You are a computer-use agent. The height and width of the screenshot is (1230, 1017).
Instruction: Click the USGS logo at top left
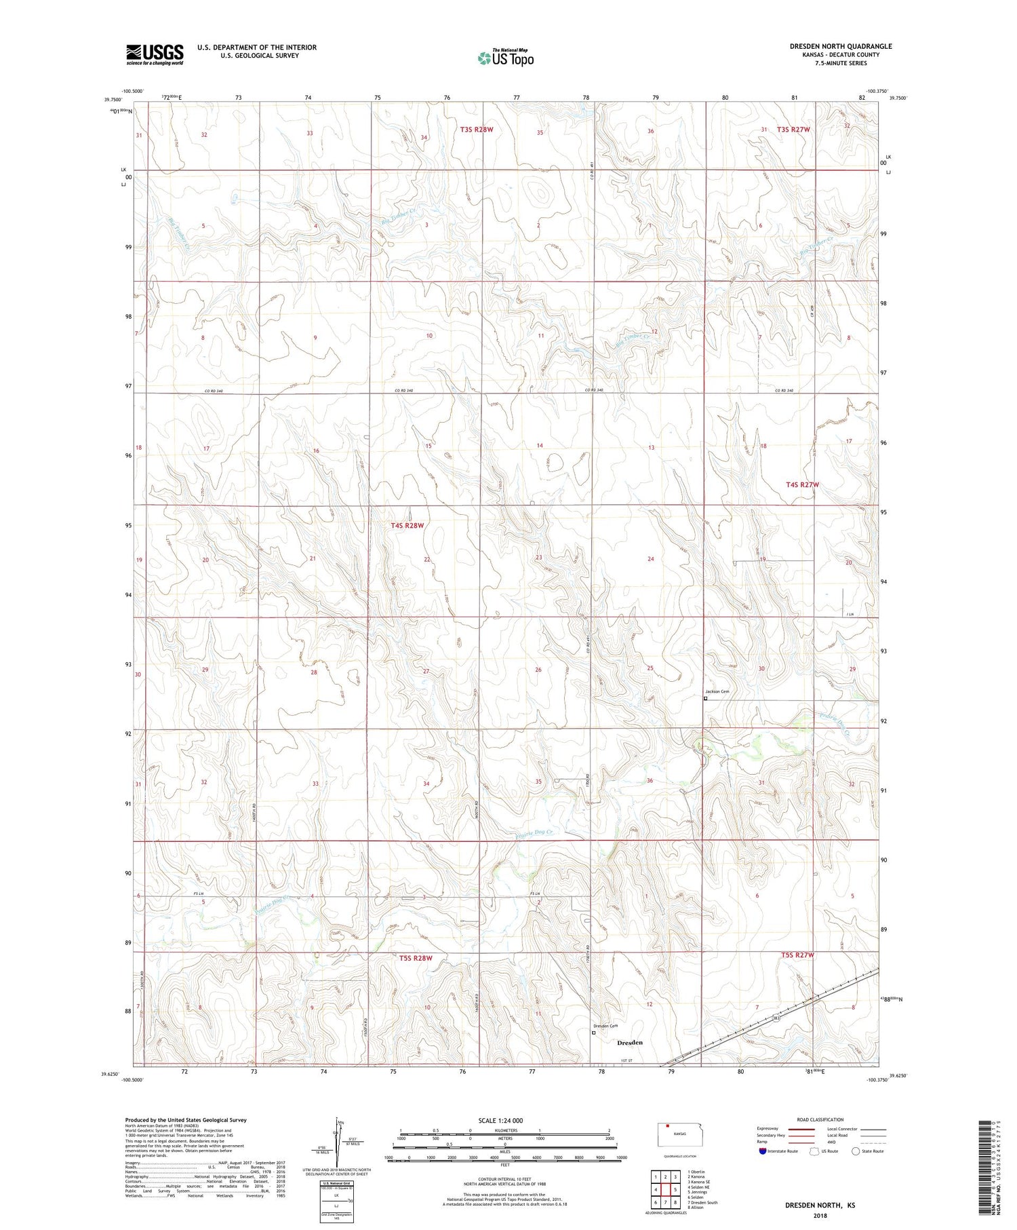pos(155,54)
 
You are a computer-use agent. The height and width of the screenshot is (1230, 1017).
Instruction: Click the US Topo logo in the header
pos(506,58)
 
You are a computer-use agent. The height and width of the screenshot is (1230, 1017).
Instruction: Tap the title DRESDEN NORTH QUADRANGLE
pos(841,46)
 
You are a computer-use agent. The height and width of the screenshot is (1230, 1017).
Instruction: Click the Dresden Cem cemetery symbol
pos(594,1033)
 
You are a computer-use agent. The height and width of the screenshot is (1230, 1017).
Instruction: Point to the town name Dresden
pos(630,1042)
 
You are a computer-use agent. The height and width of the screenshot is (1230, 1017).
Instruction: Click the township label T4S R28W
pos(406,525)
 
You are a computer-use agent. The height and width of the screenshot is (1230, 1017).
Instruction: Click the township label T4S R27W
pos(802,484)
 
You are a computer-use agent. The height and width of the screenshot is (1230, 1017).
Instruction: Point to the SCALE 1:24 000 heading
pos(500,1120)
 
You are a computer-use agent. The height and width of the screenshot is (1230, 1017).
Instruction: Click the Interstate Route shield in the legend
pos(763,1151)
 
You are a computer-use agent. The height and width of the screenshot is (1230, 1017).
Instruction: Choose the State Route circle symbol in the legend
pos(856,1151)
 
